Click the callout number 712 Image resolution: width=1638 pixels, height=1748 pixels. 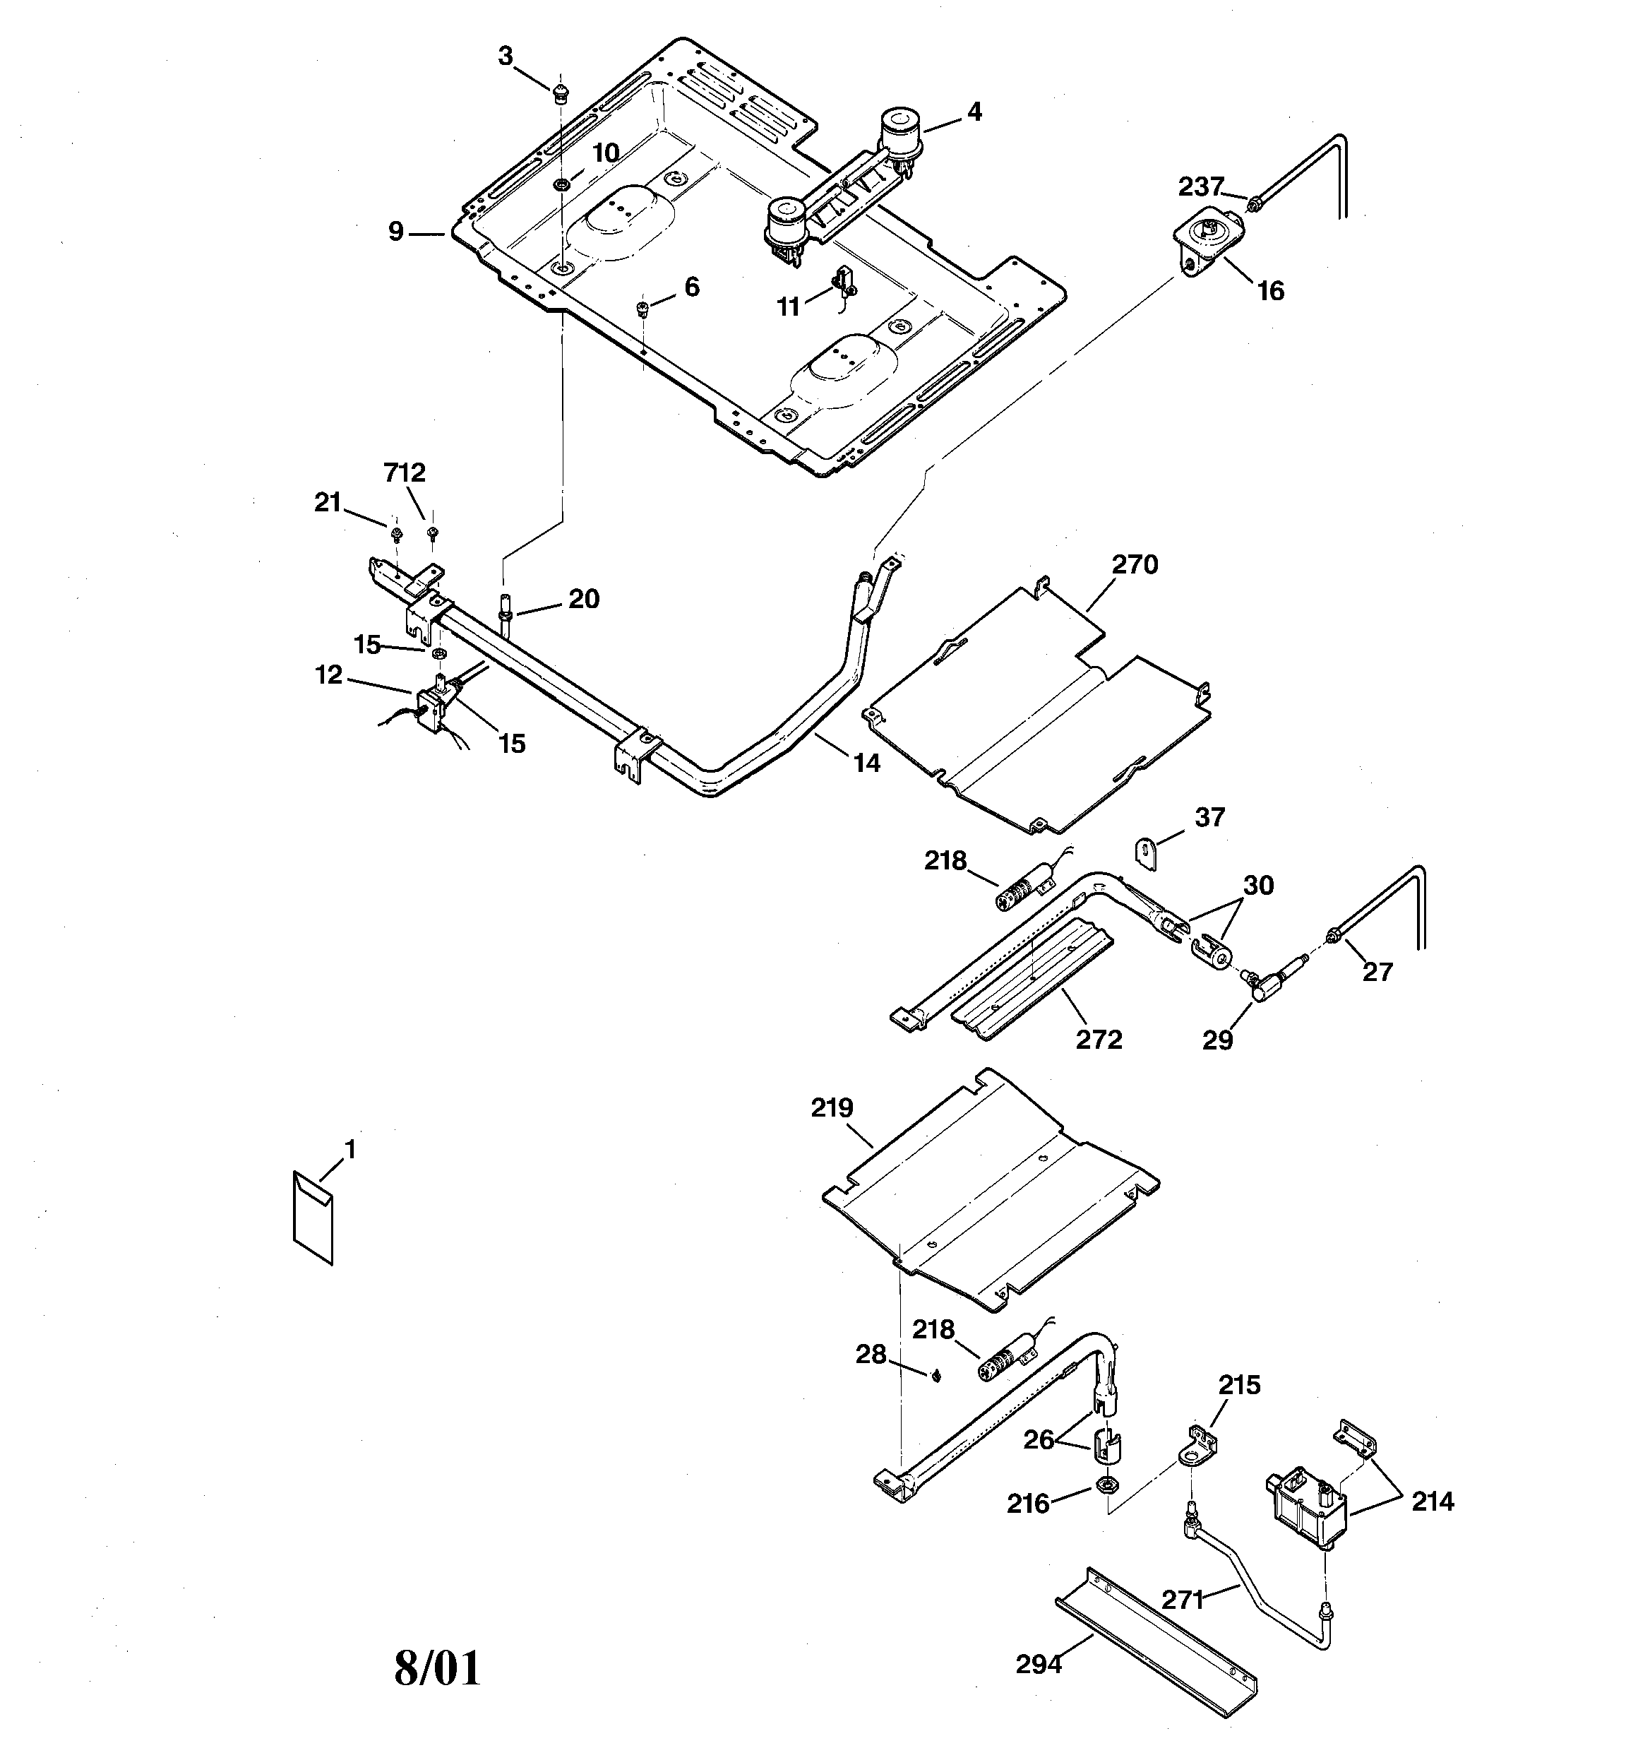(x=405, y=473)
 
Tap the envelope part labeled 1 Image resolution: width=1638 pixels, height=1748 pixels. (x=313, y=1217)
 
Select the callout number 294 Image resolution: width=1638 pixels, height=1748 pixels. (x=1039, y=1665)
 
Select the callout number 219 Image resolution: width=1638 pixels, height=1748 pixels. (x=832, y=1108)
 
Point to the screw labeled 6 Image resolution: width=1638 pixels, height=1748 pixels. (x=642, y=307)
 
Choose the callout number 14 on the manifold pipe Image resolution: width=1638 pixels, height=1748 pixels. (x=866, y=763)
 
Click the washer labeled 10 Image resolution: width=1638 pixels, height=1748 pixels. (x=560, y=184)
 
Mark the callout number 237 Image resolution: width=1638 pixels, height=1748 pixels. (x=1201, y=186)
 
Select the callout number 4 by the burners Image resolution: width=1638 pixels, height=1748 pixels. (x=974, y=112)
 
